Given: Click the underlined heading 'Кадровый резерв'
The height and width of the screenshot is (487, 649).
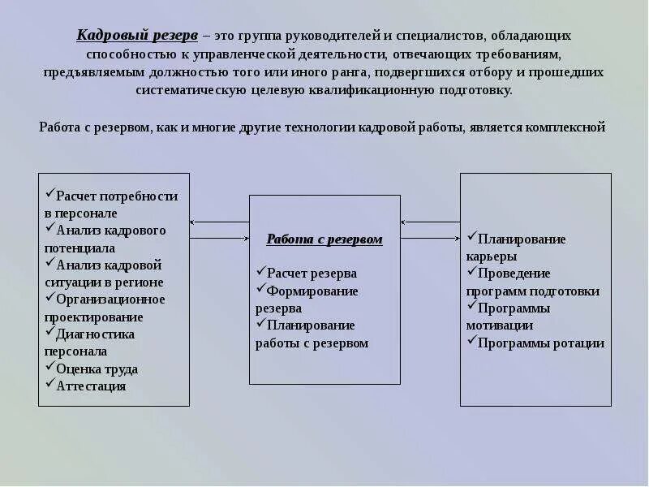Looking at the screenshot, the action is coord(136,37).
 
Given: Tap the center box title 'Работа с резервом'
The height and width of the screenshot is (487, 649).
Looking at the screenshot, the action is coord(324,239).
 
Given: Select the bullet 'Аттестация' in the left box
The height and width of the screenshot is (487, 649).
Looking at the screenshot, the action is coord(91,386).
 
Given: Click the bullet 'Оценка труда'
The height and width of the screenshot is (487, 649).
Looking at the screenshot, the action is coord(97,368).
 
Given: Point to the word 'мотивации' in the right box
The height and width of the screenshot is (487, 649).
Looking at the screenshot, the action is coord(500,325).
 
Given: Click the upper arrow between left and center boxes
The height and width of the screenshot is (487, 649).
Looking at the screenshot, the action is coord(219,222).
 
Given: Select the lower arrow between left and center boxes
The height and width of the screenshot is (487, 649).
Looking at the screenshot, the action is coord(219,239).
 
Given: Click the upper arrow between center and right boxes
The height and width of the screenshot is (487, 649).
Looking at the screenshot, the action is coord(430,222).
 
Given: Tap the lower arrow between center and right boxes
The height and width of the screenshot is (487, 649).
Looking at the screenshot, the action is coord(430,239).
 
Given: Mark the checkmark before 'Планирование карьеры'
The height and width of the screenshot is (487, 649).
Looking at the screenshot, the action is coord(471,237).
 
